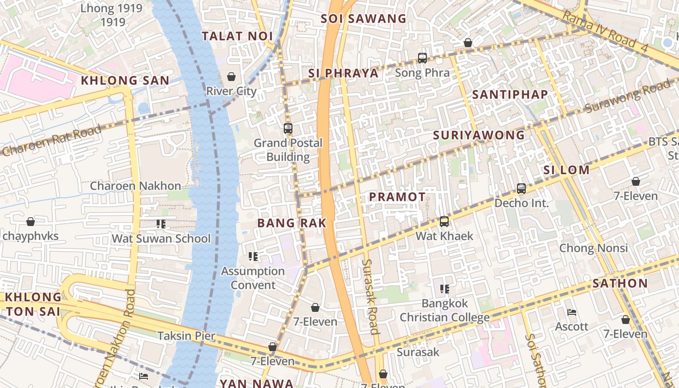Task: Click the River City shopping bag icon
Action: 231,77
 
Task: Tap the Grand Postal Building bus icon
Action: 288,129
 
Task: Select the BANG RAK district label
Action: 291,223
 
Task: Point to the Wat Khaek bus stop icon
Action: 444,222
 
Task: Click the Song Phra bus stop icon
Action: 422,58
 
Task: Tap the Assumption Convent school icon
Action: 253,257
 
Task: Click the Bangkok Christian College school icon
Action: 444,290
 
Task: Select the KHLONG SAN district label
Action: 125,81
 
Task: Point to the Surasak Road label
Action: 371,296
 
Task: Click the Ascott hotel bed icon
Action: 572,312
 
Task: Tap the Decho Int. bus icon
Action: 521,189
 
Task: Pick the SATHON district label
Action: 620,283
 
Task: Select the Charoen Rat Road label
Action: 51,141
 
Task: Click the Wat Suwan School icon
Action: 161,224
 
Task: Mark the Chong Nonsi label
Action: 594,248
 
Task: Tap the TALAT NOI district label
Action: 237,36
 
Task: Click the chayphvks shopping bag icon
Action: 31,222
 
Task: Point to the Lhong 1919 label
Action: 112,15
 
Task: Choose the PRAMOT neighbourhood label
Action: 397,197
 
